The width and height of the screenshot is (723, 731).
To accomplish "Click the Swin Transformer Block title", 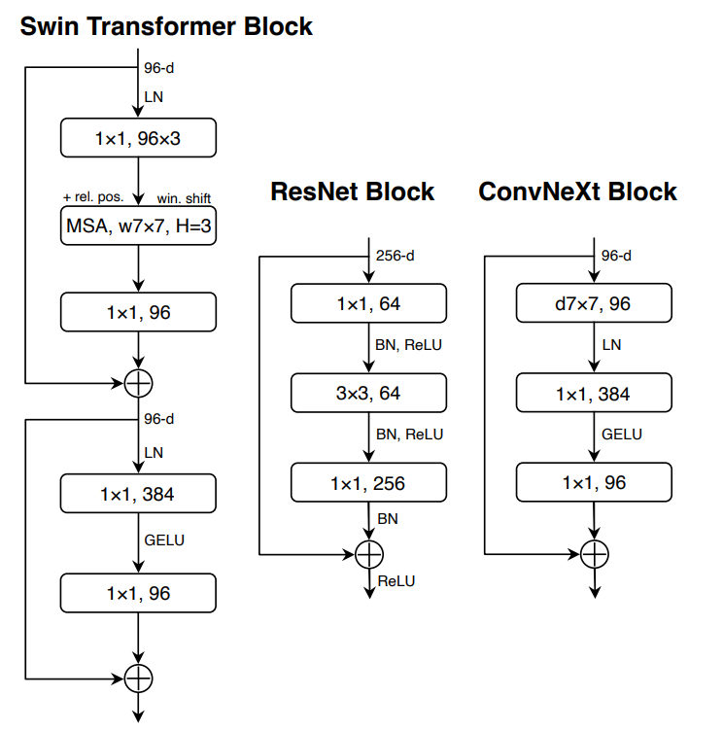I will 166,26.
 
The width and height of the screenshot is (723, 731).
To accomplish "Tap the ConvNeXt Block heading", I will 577,191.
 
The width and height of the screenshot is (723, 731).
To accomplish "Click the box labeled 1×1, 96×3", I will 138,139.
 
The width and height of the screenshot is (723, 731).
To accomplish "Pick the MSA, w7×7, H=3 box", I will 138,226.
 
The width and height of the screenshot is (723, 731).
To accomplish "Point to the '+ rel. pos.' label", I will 92,197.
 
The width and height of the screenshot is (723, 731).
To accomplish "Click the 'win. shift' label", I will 184,198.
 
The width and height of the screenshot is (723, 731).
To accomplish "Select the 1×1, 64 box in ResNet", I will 368,304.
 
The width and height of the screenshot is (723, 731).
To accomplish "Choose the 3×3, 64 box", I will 368,393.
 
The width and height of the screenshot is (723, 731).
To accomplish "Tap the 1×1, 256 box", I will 368,483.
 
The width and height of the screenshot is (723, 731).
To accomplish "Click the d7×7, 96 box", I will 593,304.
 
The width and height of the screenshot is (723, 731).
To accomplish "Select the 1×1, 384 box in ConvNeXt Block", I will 593,393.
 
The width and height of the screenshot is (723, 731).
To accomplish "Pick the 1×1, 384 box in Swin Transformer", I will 138,494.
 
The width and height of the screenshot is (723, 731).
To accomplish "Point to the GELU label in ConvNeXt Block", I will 622,435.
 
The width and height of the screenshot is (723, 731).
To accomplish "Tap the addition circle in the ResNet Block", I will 368,554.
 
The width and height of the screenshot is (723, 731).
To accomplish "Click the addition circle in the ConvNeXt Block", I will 594,554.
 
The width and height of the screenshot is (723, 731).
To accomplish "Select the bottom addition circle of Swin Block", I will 139,678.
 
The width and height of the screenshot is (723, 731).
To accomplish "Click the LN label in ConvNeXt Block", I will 611,345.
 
